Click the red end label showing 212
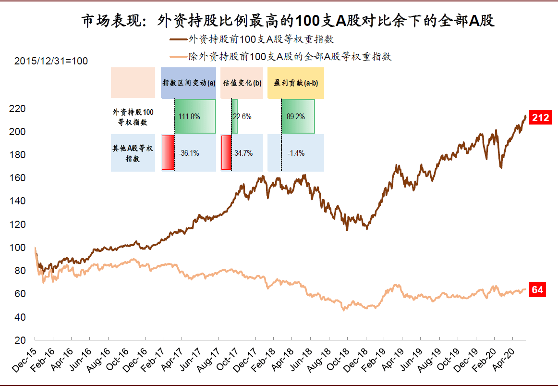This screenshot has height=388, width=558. (540, 117)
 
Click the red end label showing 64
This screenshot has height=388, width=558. (537, 290)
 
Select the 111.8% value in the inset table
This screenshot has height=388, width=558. (189, 116)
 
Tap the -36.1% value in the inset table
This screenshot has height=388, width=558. (189, 153)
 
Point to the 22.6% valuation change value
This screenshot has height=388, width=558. (242, 116)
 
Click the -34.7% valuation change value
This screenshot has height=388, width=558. (243, 153)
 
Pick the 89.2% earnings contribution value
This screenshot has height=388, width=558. (295, 116)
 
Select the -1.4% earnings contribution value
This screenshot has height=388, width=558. (296, 153)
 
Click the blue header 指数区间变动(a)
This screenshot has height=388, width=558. (188, 83)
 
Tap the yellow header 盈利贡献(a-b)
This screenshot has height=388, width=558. (296, 83)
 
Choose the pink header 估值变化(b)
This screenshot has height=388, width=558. (242, 83)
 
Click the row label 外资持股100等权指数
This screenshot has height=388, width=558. (133, 117)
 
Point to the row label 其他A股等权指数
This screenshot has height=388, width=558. (133, 153)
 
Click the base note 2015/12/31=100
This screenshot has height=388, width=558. (51, 61)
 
